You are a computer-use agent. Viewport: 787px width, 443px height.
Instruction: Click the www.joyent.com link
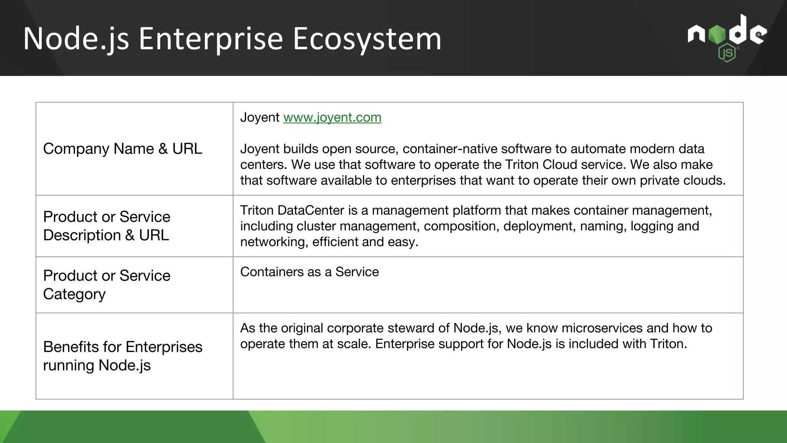pos(332,117)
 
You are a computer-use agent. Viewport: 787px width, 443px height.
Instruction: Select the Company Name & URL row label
pos(123,149)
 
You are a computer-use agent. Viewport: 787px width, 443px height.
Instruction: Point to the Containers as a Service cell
pos(309,272)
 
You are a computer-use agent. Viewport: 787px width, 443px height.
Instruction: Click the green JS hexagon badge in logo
pos(727,53)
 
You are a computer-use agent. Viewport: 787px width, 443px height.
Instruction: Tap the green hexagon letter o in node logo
pos(717,35)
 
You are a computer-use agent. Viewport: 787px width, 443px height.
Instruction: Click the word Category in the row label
pos(74,294)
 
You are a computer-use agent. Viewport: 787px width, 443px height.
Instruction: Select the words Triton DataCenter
pos(292,210)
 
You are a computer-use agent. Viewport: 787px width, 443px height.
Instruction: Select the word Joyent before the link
pos(260,117)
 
